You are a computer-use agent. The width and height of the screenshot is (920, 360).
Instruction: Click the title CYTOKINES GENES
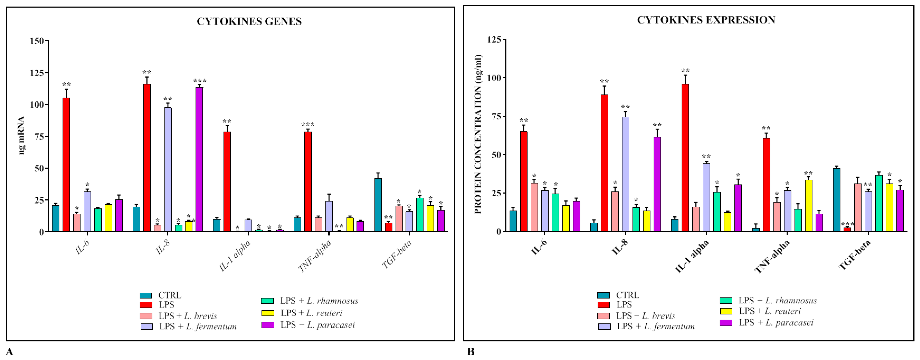click(x=249, y=21)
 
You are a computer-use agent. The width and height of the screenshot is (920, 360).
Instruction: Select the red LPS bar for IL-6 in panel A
click(x=66, y=164)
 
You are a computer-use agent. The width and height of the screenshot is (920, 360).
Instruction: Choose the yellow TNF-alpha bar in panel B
click(x=809, y=205)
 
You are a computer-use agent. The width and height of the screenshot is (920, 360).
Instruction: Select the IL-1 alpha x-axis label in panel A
click(x=235, y=255)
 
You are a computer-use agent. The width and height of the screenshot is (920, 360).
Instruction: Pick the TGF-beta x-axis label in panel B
click(x=854, y=254)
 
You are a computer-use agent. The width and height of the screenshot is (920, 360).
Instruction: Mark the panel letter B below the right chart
click(x=471, y=352)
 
